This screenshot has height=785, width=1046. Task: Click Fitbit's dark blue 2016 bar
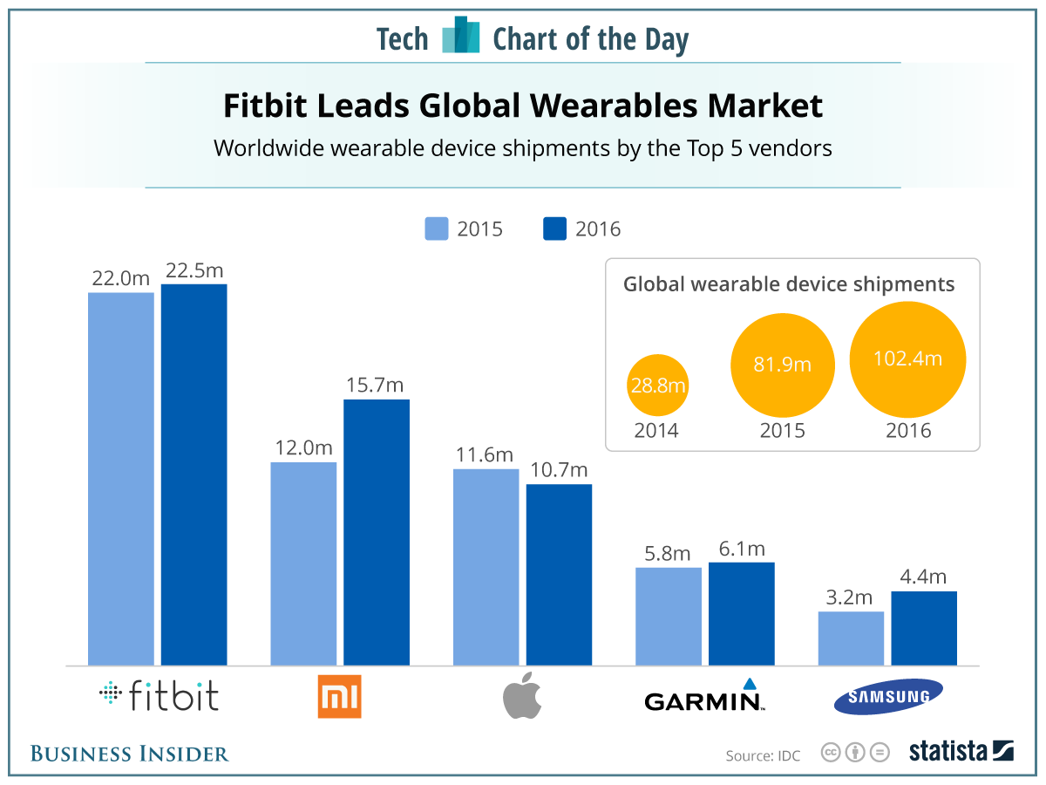pos(194,474)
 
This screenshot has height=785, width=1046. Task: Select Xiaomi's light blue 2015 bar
pos(303,563)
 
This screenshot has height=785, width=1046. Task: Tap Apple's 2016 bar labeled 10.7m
pos(559,574)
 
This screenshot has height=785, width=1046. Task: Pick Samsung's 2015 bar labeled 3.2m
pos(851,638)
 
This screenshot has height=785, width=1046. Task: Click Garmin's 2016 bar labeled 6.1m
pos(741,613)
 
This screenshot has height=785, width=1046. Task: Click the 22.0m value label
pos(120,278)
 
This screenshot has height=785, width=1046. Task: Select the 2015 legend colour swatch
pos(436,229)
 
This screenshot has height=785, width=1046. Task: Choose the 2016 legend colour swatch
pos(554,229)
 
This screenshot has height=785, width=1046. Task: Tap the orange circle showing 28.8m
pos(658,386)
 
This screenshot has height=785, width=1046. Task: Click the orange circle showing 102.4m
pos(908,359)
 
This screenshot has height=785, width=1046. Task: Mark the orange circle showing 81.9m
pos(782,365)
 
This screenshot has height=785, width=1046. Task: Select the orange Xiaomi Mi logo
pos(339,698)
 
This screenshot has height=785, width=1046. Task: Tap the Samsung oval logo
pos(887,697)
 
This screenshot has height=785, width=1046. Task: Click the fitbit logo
pos(160,696)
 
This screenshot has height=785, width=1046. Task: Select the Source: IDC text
pos(763,754)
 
